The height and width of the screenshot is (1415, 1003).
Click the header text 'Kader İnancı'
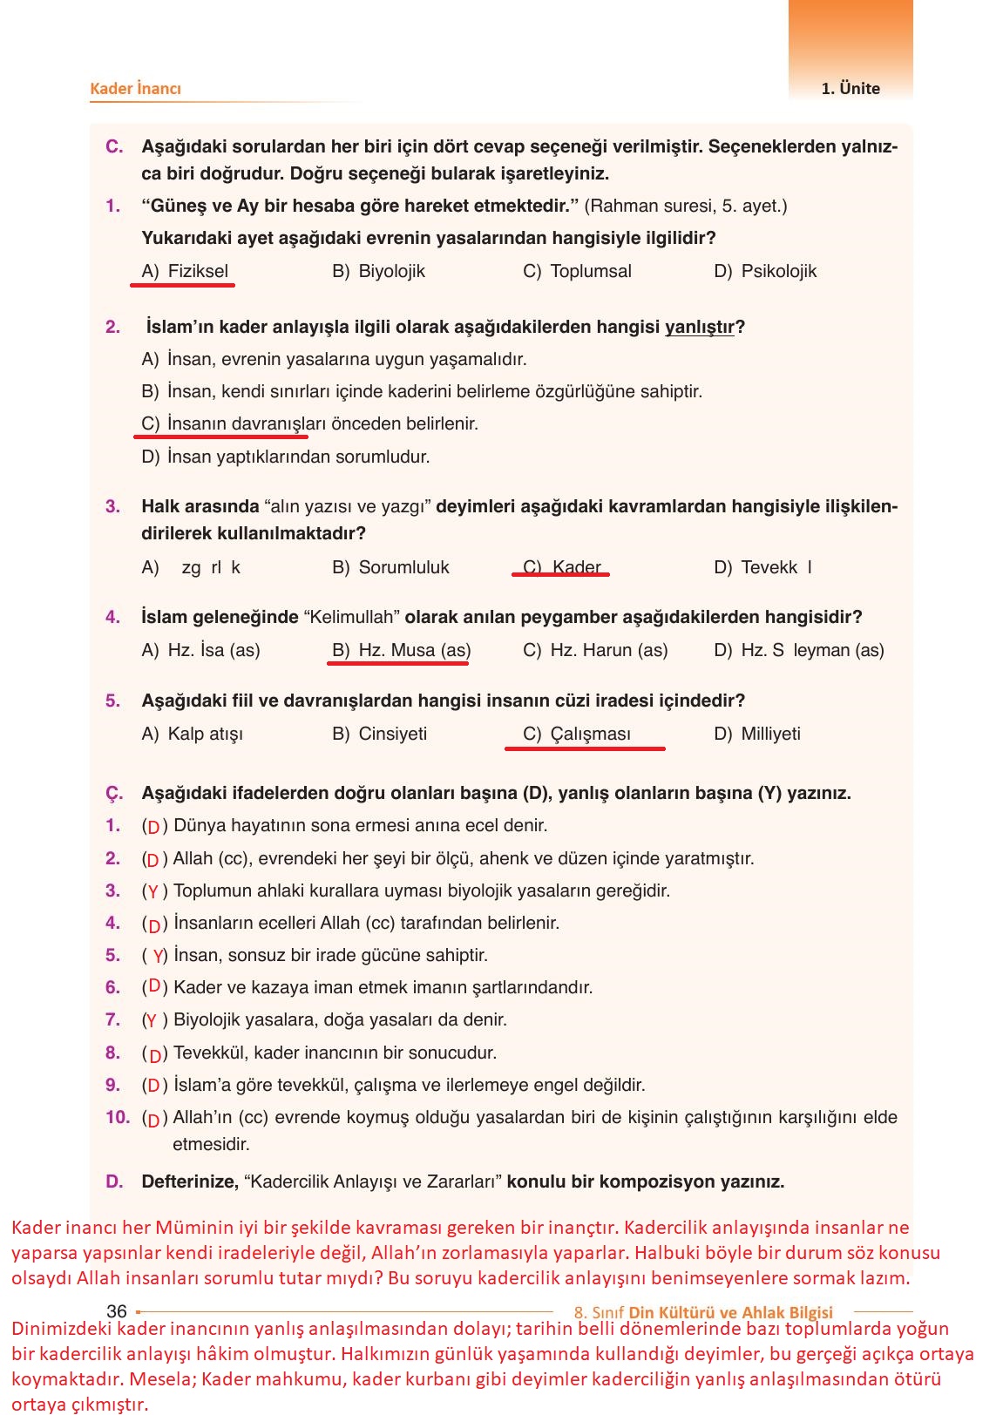click(135, 88)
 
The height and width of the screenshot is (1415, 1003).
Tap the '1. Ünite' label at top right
click(850, 88)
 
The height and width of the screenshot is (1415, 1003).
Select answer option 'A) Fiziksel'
click(185, 271)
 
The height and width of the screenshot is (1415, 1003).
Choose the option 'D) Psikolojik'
click(765, 271)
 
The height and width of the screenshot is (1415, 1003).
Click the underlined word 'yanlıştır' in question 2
click(700, 327)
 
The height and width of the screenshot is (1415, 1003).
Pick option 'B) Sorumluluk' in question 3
click(390, 567)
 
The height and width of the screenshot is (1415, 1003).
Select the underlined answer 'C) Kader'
click(562, 567)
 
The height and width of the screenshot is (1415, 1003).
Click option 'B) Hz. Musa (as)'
click(401, 650)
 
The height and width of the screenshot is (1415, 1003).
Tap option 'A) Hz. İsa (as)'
click(200, 650)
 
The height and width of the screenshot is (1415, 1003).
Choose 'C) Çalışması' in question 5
click(577, 734)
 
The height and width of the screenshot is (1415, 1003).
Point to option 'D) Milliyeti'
click(756, 734)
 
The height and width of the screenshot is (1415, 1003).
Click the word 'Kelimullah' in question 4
click(353, 617)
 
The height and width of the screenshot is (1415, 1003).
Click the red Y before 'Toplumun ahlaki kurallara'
click(152, 891)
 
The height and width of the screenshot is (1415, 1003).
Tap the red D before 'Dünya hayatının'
click(153, 827)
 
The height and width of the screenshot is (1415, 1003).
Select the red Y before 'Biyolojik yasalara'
click(151, 1020)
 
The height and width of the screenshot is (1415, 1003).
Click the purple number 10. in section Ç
click(117, 1117)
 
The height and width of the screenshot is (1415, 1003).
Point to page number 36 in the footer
click(117, 1310)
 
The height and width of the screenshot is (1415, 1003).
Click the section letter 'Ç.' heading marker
click(114, 793)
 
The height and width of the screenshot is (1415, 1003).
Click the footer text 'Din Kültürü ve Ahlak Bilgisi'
click(730, 1312)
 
